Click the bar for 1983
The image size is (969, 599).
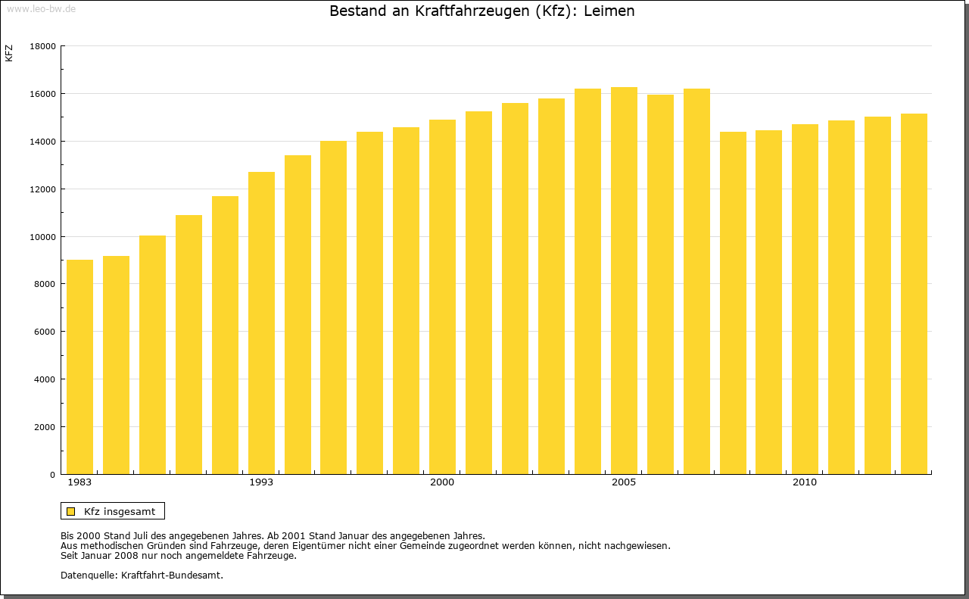tap(79, 367)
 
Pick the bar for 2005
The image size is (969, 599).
tap(624, 281)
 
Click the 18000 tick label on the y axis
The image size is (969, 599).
tap(42, 46)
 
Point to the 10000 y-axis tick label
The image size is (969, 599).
tap(42, 236)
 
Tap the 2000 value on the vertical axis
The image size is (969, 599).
tap(45, 427)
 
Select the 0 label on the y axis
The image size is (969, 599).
tap(52, 475)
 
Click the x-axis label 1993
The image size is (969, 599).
tap(261, 482)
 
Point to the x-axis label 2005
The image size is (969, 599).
tap(624, 482)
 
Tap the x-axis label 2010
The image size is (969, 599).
tap(805, 482)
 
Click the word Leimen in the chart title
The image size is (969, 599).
tap(609, 11)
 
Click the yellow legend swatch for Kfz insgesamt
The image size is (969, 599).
tap(71, 511)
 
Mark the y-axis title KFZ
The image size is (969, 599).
tap(9, 54)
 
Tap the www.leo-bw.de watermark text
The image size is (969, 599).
tap(41, 8)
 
